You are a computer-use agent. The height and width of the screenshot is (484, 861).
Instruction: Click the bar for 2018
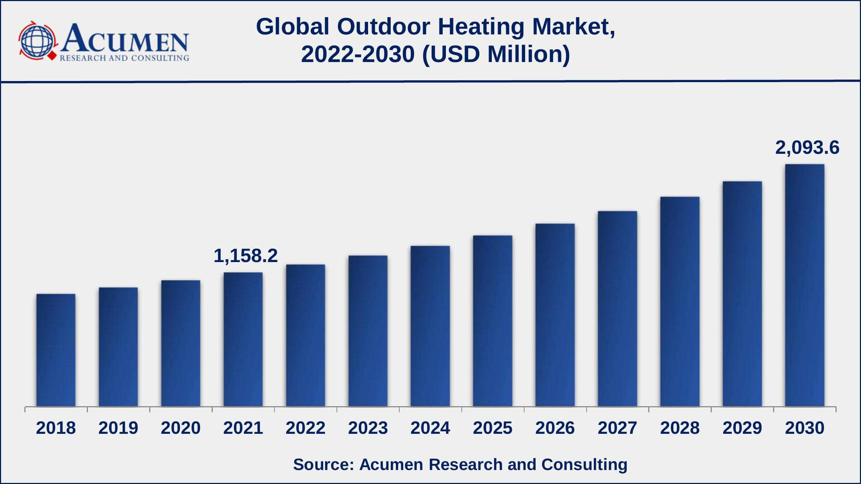coord(56,350)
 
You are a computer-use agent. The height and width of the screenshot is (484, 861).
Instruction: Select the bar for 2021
coord(243,339)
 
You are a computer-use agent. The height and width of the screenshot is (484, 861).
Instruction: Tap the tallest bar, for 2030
coord(805,285)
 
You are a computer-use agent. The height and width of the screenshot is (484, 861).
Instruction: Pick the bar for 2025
coord(493,321)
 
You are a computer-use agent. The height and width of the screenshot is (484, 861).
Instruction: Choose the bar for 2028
coord(680,301)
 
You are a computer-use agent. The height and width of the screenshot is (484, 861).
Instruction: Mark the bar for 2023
coord(368,331)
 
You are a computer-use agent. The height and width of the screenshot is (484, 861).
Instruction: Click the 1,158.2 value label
coord(245,256)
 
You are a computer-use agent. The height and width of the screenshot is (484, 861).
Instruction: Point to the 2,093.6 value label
coord(807,148)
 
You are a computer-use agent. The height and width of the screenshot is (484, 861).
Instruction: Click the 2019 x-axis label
coord(118,428)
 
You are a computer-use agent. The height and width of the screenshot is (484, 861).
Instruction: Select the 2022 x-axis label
coord(305,428)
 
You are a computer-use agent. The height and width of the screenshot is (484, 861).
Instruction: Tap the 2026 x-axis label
coord(555,428)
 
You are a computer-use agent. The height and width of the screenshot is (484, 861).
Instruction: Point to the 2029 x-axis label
coord(742,428)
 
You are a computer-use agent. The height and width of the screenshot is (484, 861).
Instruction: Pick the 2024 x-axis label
coord(430,428)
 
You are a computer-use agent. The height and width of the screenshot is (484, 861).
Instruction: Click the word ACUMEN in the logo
coord(124,39)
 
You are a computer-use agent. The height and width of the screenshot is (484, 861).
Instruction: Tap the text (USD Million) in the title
coord(496,54)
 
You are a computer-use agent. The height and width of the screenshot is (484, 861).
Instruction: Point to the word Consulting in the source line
coord(584,464)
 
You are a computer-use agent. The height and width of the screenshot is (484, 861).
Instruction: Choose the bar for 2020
coord(181,343)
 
